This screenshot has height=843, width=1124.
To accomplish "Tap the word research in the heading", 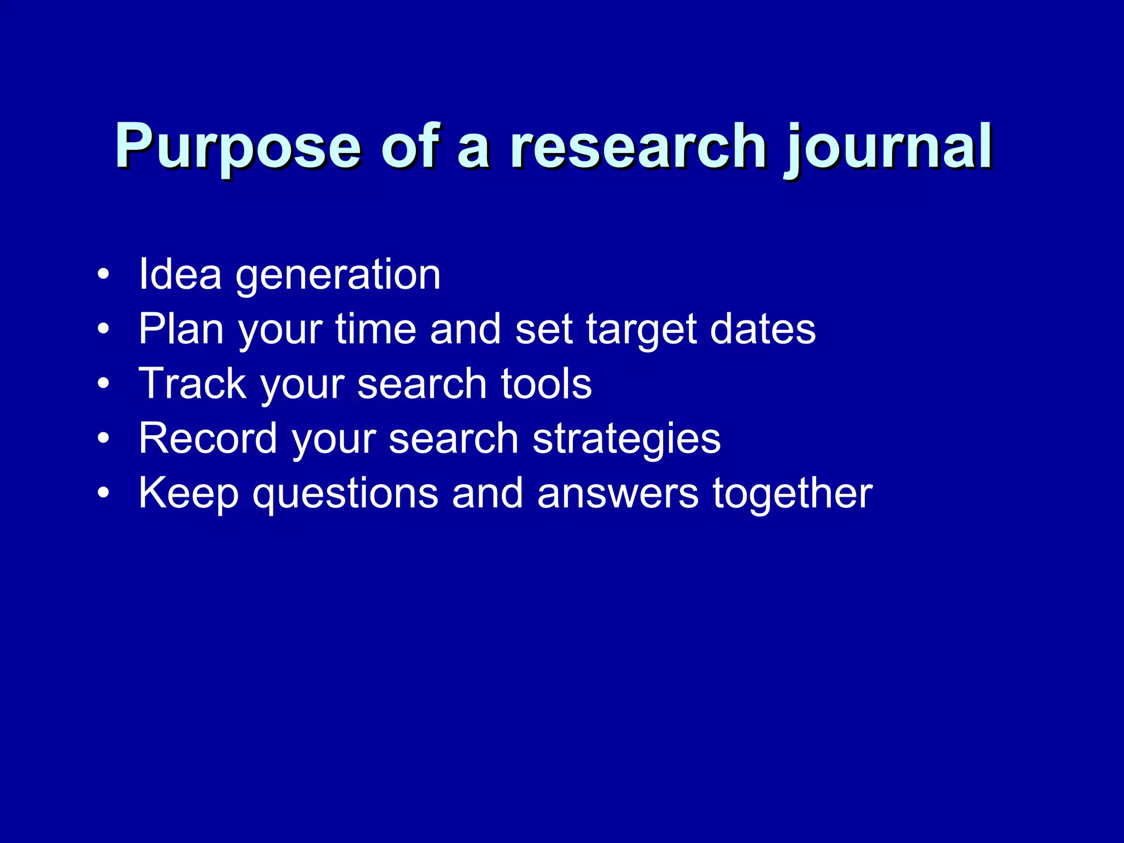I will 637,146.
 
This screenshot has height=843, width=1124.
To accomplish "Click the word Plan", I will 181,329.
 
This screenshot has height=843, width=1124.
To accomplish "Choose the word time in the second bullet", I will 376,329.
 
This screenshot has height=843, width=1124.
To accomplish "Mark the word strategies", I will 626,439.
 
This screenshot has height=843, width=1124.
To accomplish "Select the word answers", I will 618,493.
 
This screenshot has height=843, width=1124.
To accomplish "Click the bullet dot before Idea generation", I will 103,274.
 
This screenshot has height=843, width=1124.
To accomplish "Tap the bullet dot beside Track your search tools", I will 103,384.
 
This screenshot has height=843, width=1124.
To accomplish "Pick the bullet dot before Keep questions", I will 103,493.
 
